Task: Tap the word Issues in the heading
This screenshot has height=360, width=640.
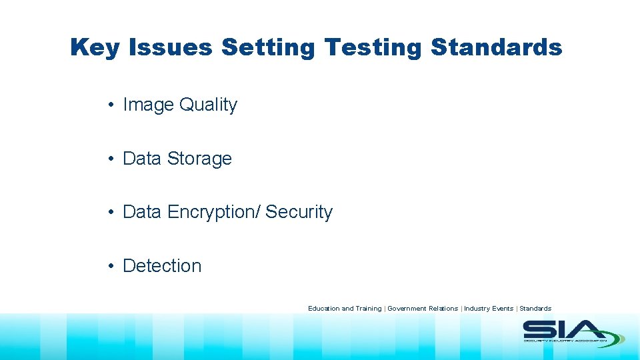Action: (170, 48)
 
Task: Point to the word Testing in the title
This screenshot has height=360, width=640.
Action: (373, 48)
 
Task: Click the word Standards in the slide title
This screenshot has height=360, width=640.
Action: (496, 48)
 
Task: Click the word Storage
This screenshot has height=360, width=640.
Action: (199, 159)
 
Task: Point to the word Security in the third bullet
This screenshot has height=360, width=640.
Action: (299, 212)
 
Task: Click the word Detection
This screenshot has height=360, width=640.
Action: (162, 265)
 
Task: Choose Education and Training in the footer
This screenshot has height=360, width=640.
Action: (345, 309)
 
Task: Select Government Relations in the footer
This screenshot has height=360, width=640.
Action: (423, 309)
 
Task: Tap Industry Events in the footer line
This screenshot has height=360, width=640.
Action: (489, 309)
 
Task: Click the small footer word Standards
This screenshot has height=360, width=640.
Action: (535, 309)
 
